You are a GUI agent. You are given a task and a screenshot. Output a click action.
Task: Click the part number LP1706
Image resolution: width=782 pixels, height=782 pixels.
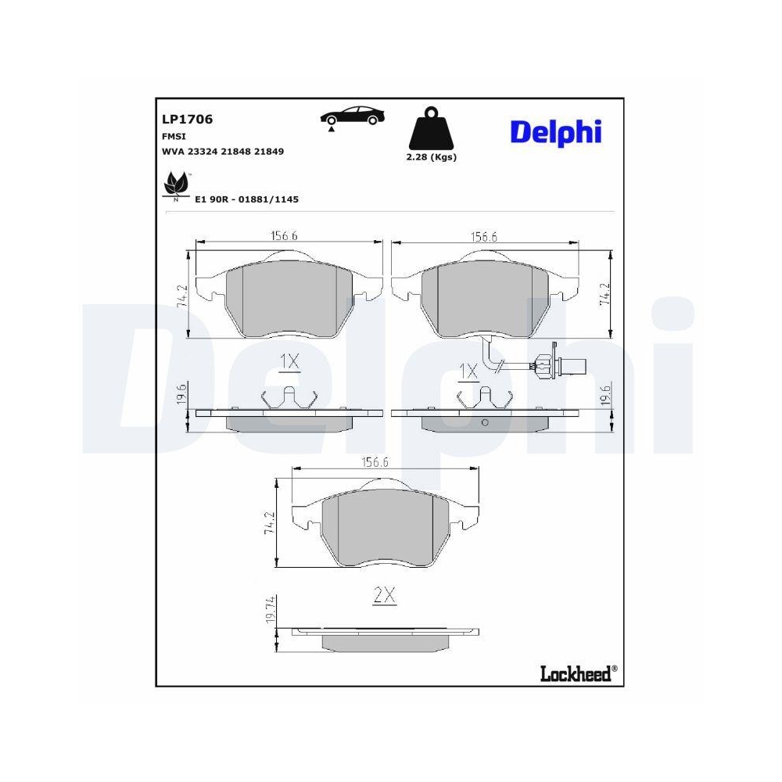[x=187, y=120]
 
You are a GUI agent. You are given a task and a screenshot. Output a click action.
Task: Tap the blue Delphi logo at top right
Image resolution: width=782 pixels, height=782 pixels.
[x=556, y=131]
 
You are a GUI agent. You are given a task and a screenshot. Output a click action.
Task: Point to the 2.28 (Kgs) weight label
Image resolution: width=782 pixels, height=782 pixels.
[x=431, y=157]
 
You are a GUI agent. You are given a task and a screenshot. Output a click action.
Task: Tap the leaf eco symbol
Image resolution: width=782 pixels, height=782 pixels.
[x=177, y=187]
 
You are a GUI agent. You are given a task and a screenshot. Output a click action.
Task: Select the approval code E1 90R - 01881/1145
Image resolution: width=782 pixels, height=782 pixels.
[x=247, y=199]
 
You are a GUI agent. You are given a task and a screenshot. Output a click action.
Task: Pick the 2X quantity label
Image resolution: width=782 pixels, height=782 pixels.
[x=385, y=596]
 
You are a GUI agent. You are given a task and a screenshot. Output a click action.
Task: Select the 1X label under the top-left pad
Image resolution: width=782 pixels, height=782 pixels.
[x=289, y=361]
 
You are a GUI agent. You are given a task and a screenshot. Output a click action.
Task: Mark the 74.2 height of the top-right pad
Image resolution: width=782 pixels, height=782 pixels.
[x=603, y=293]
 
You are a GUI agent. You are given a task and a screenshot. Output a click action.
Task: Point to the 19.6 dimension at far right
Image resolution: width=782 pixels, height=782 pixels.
[x=603, y=395]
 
